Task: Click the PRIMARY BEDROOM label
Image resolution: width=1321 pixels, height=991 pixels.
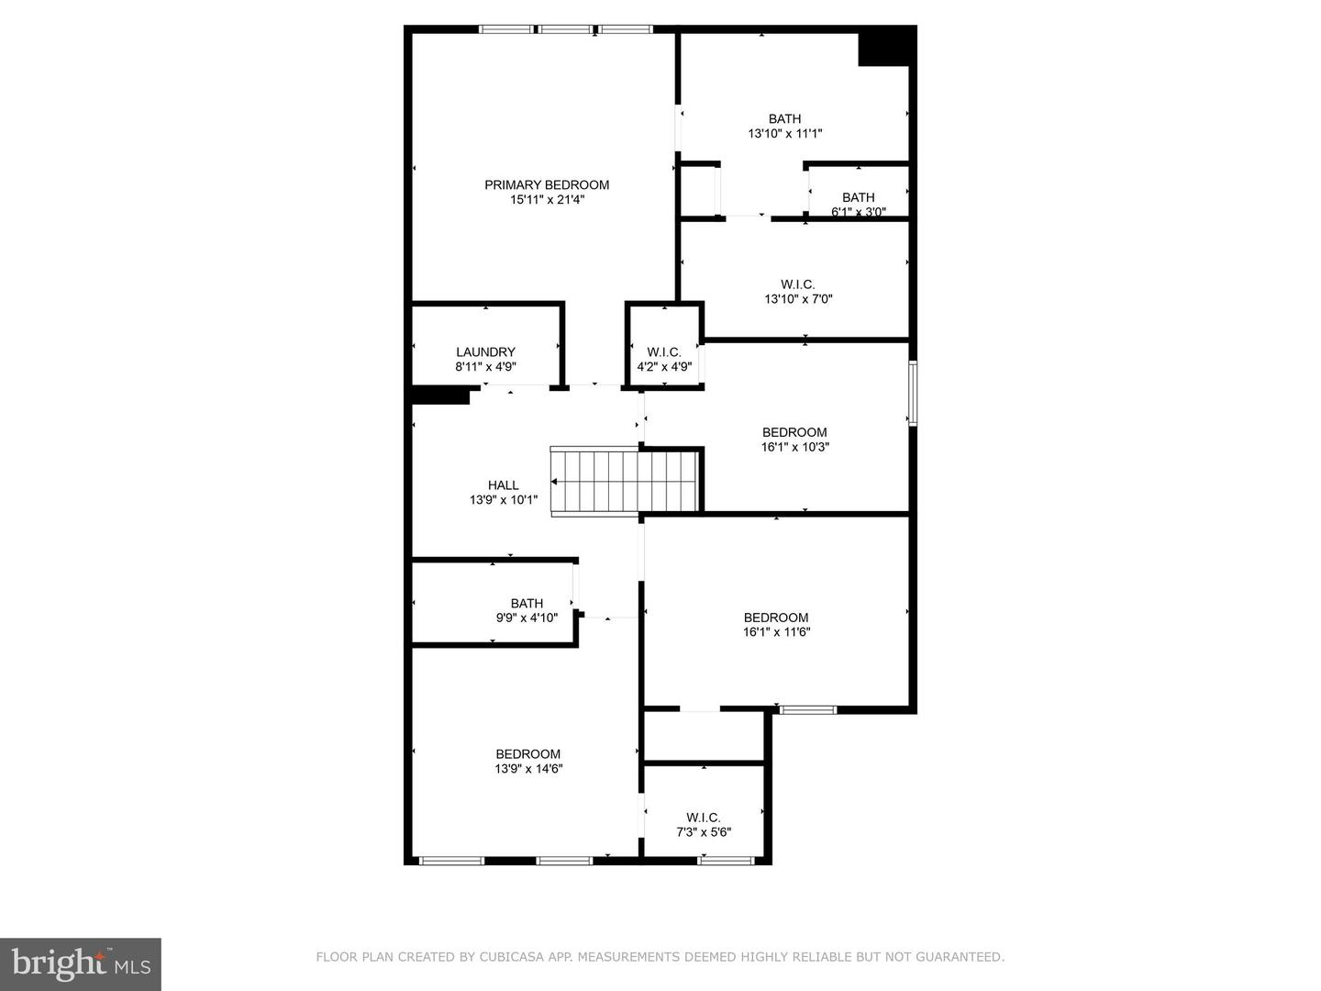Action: [x=547, y=184]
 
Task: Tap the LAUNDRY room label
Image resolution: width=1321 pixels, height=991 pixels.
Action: [x=485, y=351]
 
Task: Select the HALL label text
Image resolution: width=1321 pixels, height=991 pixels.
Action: [x=503, y=485]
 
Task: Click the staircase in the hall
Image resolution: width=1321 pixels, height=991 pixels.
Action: [x=594, y=482]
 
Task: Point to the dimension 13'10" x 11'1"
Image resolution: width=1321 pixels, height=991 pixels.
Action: [x=784, y=133]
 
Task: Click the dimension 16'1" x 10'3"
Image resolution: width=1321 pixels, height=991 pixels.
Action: [x=794, y=447]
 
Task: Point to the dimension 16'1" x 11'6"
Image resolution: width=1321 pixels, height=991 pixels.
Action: [x=776, y=631]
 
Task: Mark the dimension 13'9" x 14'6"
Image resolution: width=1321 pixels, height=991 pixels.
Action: [x=528, y=769]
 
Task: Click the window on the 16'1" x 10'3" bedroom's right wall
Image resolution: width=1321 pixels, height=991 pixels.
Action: [x=913, y=393]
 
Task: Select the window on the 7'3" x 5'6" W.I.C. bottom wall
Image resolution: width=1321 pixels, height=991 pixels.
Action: [x=726, y=861]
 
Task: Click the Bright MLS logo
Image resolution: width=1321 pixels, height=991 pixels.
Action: [x=81, y=963]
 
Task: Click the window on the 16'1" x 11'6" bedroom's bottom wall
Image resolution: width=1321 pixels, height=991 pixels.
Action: [x=807, y=709]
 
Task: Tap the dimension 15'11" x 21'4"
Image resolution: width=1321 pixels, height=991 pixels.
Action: [x=547, y=199]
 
